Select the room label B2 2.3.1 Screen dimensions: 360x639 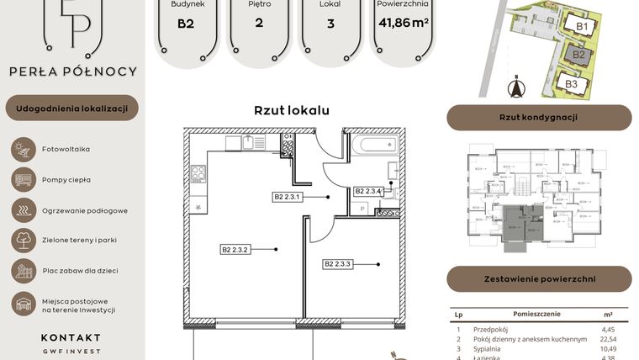tap(288, 197)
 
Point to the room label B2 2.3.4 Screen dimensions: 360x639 tap(368, 191)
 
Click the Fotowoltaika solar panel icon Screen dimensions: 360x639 tap(22, 149)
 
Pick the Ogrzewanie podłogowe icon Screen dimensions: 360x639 tap(22, 209)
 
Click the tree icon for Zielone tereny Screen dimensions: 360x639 tap(22, 241)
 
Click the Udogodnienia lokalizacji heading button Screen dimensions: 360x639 tap(71, 109)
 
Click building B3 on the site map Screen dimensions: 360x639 tap(571, 83)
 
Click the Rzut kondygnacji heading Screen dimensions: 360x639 tap(538, 118)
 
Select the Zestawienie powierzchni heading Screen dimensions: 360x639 tap(538, 278)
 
